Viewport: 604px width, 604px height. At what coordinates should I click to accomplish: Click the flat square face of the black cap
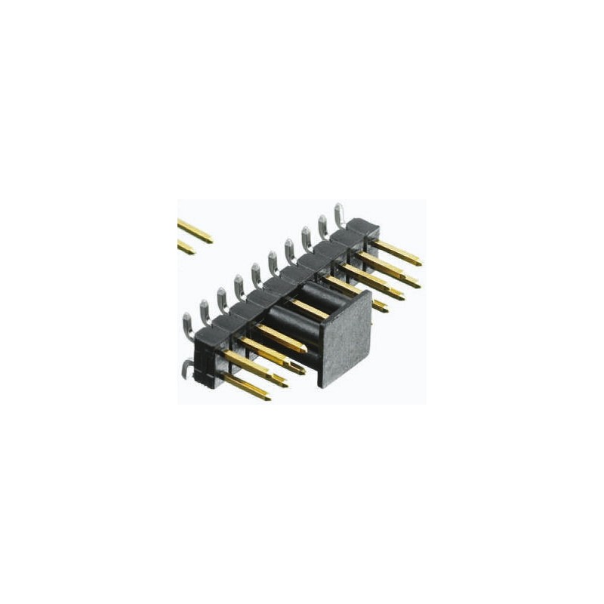(346, 338)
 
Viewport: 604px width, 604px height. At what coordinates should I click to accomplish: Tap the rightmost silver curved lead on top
(340, 212)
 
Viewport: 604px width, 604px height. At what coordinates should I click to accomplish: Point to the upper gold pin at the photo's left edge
(194, 230)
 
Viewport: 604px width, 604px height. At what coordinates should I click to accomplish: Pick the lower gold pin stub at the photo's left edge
(185, 247)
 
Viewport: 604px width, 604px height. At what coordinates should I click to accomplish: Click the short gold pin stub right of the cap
(380, 306)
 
